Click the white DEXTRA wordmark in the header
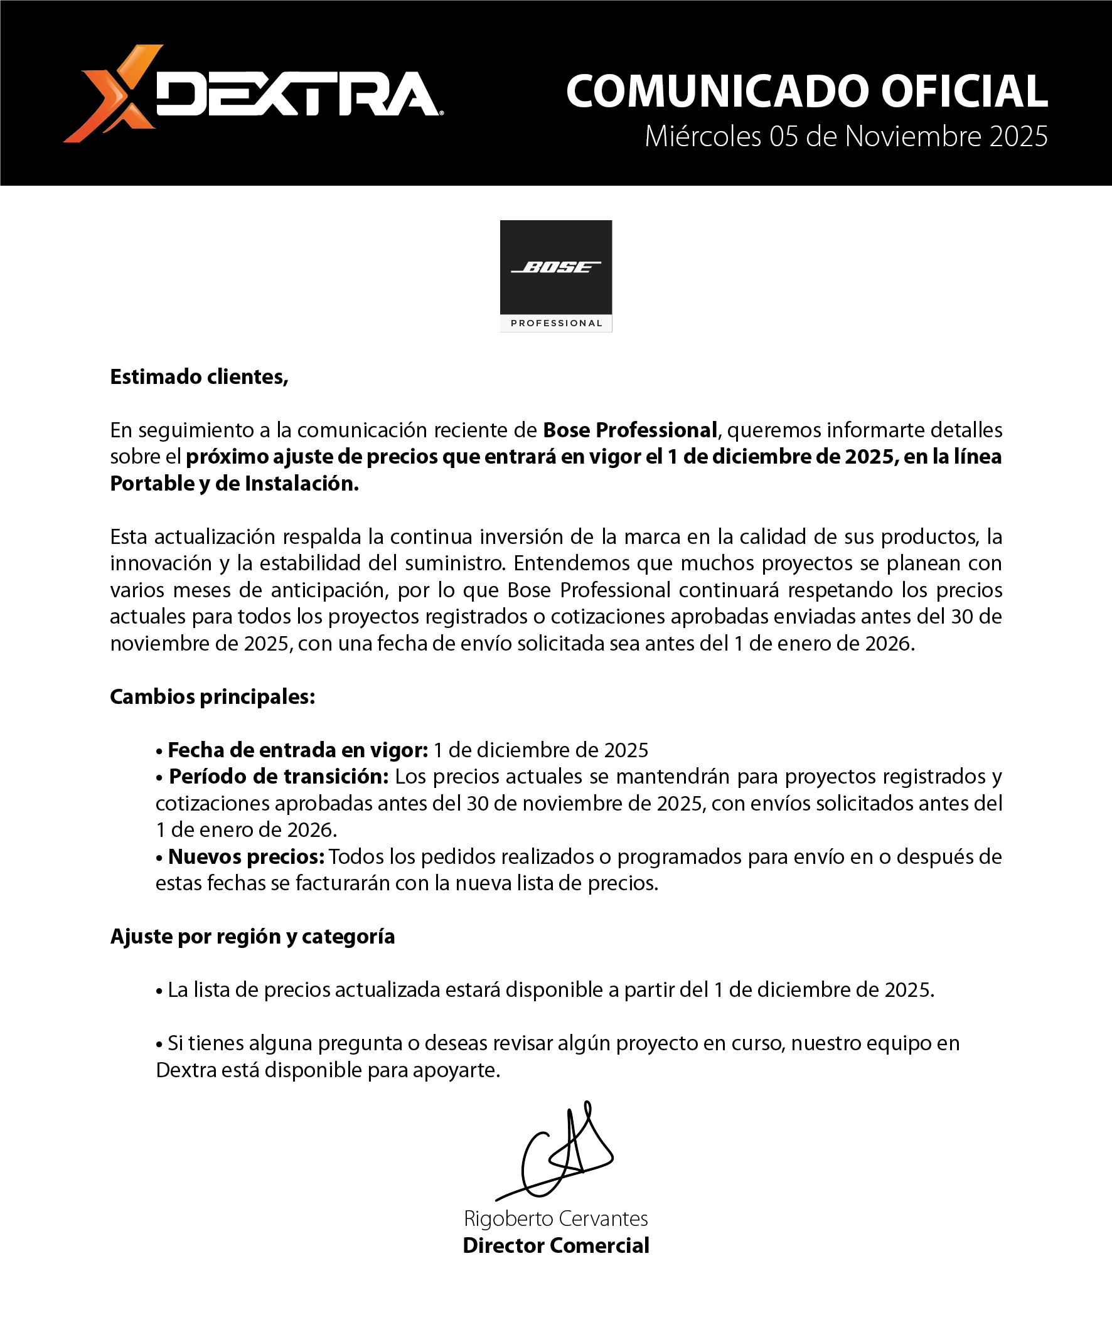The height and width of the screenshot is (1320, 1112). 299,95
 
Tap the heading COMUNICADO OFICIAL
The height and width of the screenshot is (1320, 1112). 806,92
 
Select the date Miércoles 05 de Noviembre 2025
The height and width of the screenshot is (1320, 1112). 845,137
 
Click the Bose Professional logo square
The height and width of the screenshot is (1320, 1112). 555,268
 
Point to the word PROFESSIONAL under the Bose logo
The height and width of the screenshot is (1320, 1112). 556,323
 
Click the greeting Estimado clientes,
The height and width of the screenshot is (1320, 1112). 199,377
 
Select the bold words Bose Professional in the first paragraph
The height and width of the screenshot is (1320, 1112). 630,430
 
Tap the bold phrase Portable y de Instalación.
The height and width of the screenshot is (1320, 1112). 235,483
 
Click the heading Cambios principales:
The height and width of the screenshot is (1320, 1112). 213,697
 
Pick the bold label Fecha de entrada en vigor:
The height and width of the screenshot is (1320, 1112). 297,750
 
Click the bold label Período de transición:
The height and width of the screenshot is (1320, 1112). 279,777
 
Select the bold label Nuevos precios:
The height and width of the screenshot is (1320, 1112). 246,857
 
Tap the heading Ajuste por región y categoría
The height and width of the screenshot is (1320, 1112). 252,937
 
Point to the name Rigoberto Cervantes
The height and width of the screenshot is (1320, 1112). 555,1218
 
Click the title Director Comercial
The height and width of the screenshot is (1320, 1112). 555,1245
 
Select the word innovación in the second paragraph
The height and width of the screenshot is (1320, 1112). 160,563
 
